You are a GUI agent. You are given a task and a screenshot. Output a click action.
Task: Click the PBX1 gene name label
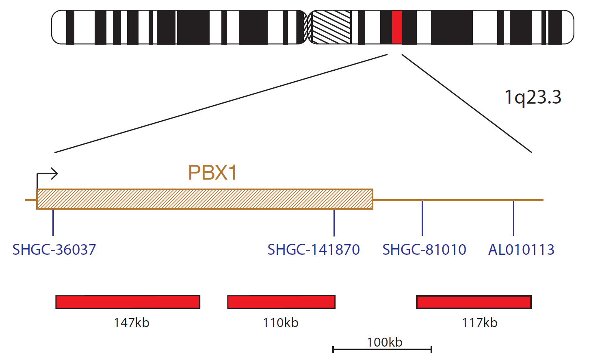pyautogui.click(x=212, y=173)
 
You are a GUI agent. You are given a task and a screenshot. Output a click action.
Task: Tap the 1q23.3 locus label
pyautogui.click(x=533, y=98)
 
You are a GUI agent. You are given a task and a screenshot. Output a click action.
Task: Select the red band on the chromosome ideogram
pyautogui.click(x=397, y=27)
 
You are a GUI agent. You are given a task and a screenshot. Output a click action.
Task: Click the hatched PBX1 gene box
pyautogui.click(x=205, y=199)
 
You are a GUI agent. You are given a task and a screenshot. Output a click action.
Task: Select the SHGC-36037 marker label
pyautogui.click(x=54, y=249)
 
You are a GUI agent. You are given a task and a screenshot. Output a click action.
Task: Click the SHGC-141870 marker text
pyautogui.click(x=314, y=249)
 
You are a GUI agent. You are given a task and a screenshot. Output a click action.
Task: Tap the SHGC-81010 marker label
pyautogui.click(x=424, y=249)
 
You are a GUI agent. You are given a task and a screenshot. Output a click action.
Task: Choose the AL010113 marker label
pyautogui.click(x=521, y=249)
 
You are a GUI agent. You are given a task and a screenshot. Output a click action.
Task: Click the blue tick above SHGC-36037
pyautogui.click(x=53, y=223)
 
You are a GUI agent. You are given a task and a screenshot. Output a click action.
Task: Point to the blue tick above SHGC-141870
pyautogui.click(x=334, y=223)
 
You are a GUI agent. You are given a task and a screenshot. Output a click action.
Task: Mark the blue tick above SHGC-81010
pyautogui.click(x=422, y=218)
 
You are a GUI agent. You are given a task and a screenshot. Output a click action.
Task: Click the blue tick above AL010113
pyautogui.click(x=513, y=218)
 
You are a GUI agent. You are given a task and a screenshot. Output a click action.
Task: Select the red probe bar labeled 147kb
pyautogui.click(x=128, y=302)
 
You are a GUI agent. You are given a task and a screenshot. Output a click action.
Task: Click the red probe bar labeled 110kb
pyautogui.click(x=282, y=302)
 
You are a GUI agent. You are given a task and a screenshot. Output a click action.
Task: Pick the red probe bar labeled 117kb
pyautogui.click(x=474, y=302)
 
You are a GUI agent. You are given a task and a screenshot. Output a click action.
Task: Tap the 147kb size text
pyautogui.click(x=132, y=323)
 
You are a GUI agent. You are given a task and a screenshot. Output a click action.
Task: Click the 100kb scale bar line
pyautogui.click(x=382, y=349)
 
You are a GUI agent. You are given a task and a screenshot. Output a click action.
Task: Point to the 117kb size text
pyautogui.click(x=480, y=323)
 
